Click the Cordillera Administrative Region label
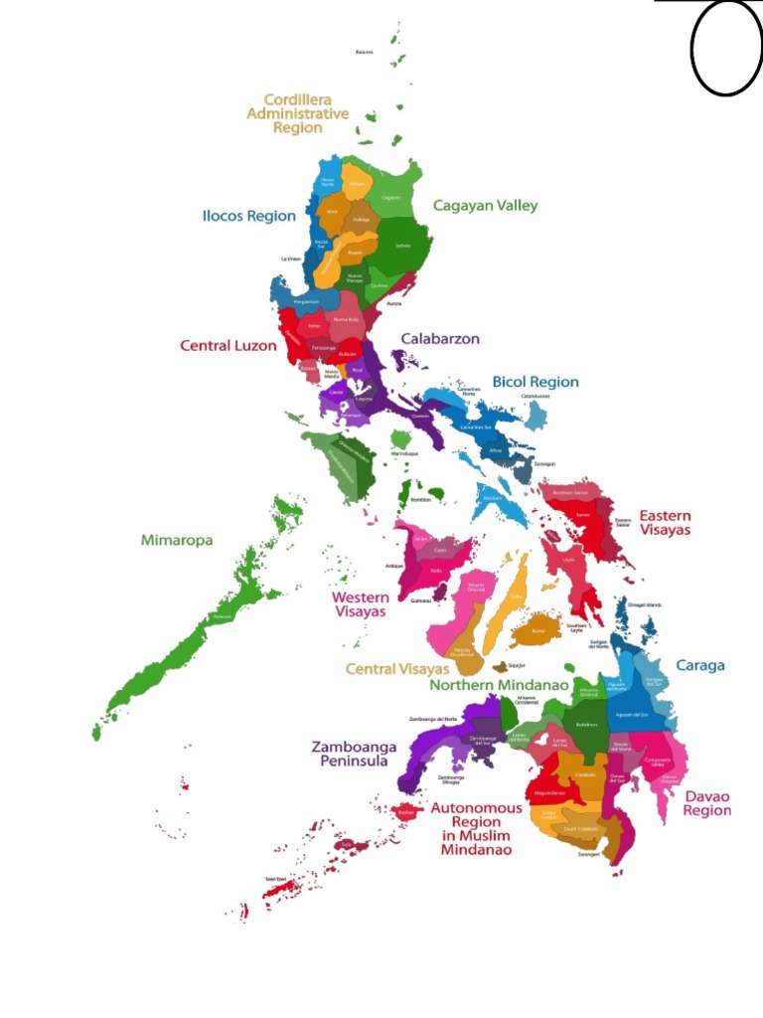point(298,113)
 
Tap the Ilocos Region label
point(249,216)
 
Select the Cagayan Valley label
point(485,206)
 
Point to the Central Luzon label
point(228,346)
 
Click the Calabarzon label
point(440,339)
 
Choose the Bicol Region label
point(535,382)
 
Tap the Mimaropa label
point(177,540)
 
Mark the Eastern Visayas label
point(665,523)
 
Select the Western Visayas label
point(360,604)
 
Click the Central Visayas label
point(397,669)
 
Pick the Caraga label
point(700,665)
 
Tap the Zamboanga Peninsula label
point(355,754)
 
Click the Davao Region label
point(706,802)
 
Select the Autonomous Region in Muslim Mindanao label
point(475,829)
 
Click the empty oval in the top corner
point(726,48)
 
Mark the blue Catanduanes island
point(535,415)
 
